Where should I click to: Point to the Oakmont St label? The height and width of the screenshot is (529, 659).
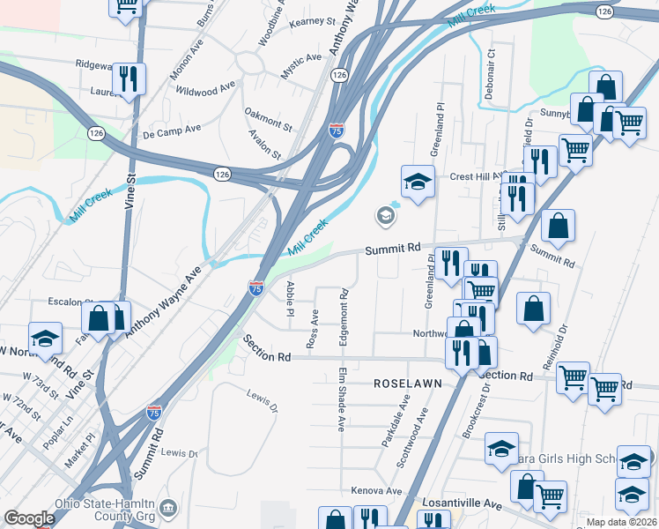click(268, 119)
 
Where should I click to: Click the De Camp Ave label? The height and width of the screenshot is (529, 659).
click(172, 130)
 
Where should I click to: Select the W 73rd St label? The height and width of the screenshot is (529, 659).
click(41, 385)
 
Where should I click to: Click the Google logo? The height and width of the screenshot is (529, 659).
click(29, 518)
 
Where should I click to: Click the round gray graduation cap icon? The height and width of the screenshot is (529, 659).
click(384, 214)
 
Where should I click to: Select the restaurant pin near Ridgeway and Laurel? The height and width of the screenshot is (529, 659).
click(130, 79)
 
